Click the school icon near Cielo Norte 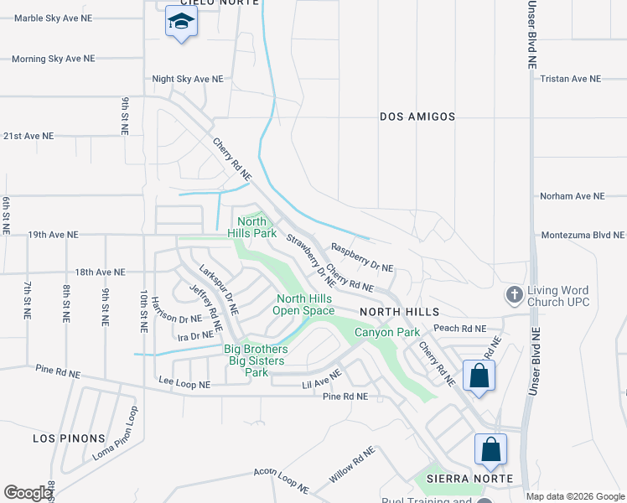click(181, 22)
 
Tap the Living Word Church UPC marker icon click(514, 295)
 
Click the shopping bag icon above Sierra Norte click(490, 449)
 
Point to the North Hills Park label click(251, 228)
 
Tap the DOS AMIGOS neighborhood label click(417, 117)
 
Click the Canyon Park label click(386, 333)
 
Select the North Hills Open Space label click(305, 304)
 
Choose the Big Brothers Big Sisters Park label click(256, 360)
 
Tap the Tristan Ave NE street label click(571, 79)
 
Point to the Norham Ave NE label click(572, 196)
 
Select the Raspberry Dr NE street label click(362, 257)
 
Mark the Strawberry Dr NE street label click(311, 261)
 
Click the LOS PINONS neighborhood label click(69, 438)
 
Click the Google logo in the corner click(28, 493)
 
